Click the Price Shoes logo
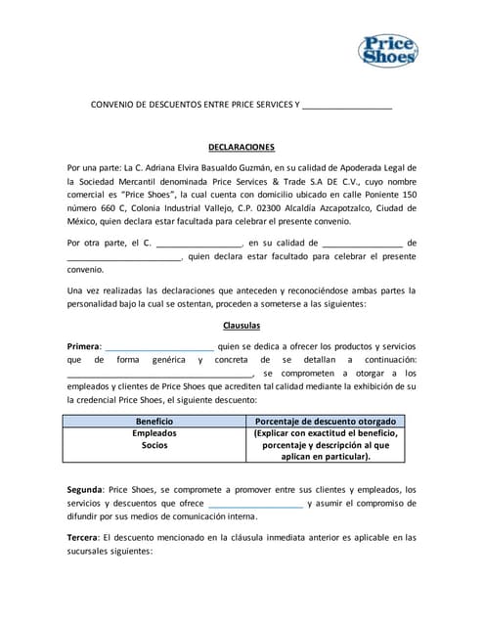391,49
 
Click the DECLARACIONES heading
242,147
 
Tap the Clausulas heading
242,326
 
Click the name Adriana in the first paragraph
193,167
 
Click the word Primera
83,346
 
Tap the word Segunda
85,489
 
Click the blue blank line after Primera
159,348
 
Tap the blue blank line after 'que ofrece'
256,505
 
